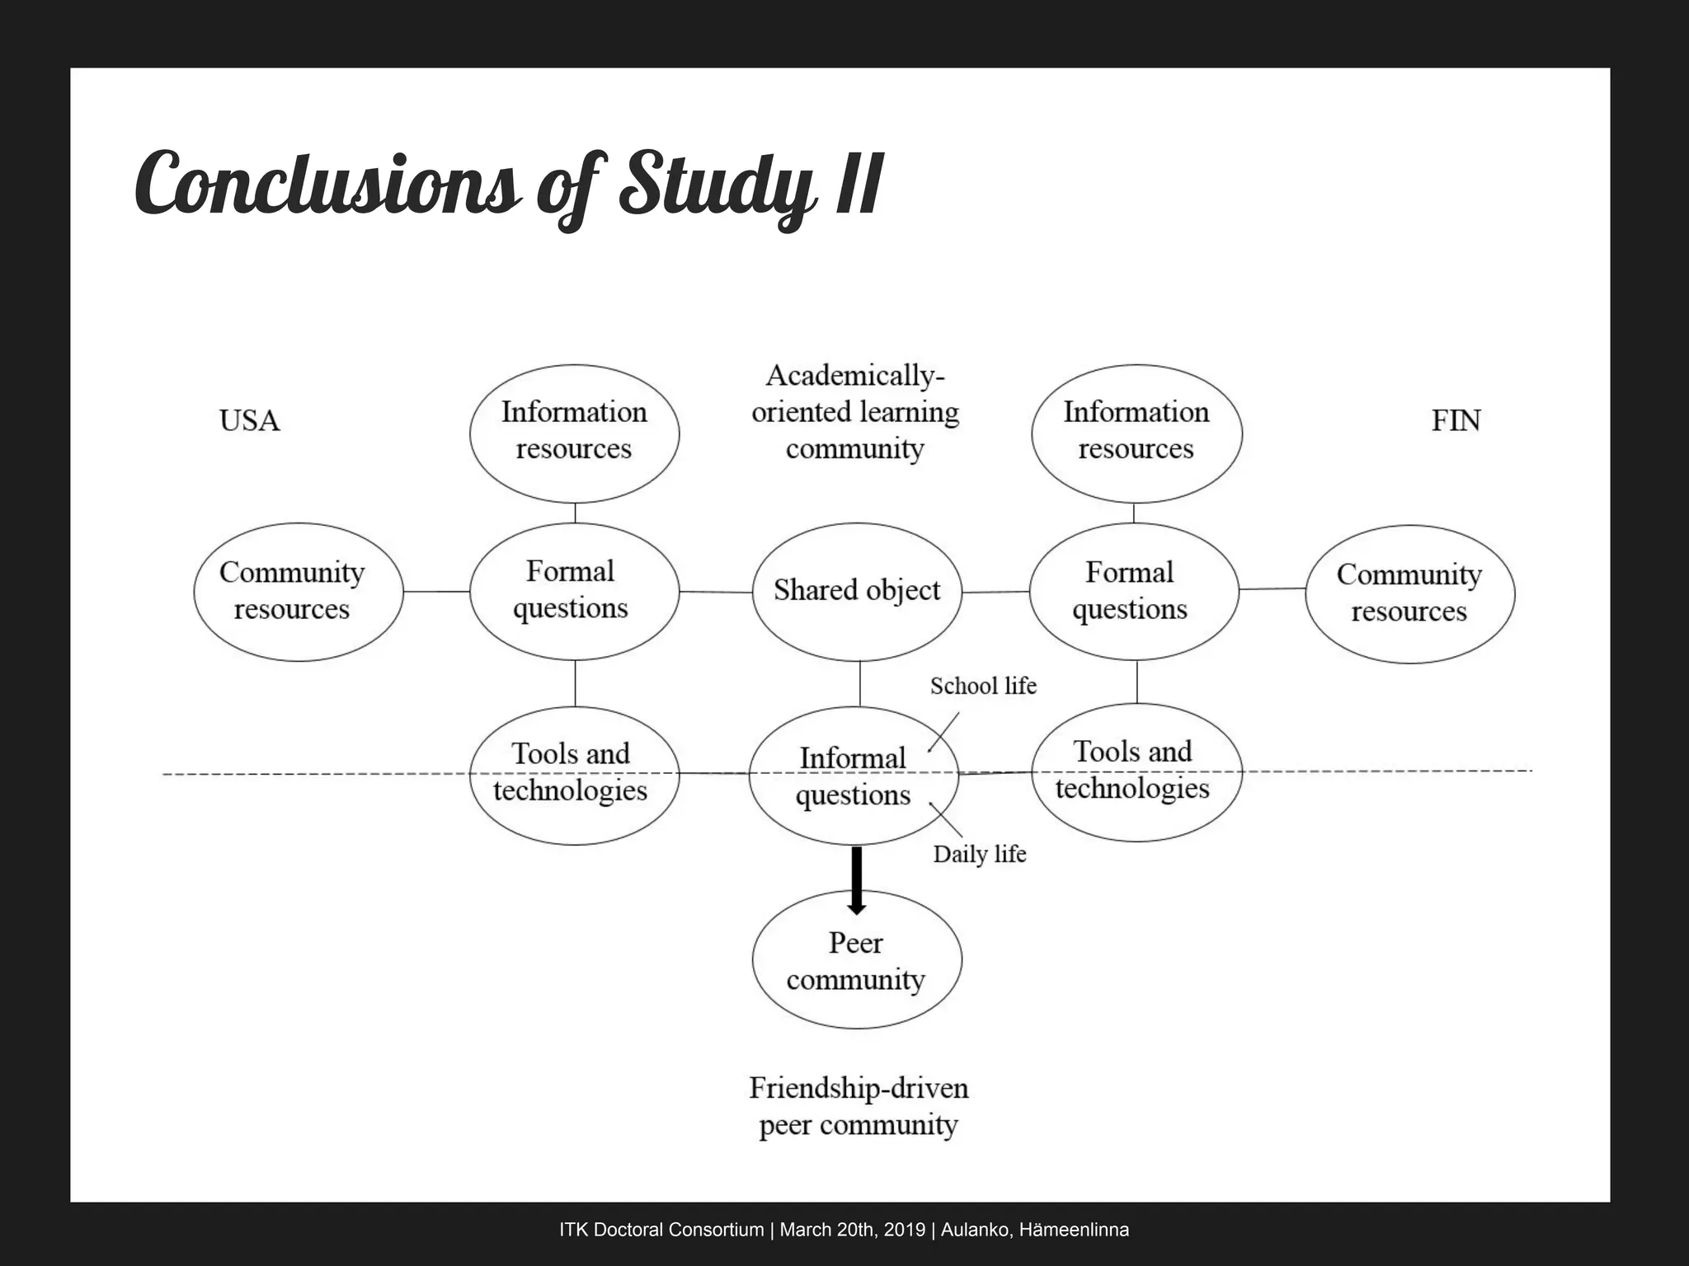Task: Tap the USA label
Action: click(249, 421)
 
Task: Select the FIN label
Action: click(1456, 421)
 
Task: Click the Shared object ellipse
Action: click(857, 591)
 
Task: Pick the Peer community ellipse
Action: click(857, 961)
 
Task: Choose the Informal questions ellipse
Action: click(854, 776)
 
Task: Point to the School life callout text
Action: click(983, 686)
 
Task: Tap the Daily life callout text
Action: click(979, 854)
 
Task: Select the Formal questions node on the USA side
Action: click(574, 591)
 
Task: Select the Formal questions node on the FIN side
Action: click(1134, 591)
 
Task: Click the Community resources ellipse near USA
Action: click(298, 592)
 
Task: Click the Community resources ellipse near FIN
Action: click(1409, 593)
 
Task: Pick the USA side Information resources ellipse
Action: click(574, 432)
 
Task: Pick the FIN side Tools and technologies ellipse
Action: click(1136, 771)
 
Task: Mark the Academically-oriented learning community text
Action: click(855, 412)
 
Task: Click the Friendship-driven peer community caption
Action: click(858, 1106)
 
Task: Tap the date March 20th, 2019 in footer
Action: click(852, 1230)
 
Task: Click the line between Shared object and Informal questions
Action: click(860, 683)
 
